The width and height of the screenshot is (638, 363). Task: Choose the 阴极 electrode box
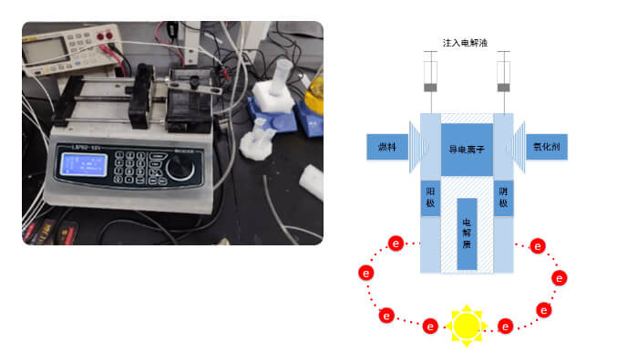point(502,198)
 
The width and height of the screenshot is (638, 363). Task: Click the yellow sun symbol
point(466,324)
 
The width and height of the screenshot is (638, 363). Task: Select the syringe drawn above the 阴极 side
point(502,78)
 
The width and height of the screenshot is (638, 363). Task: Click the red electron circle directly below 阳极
point(396,244)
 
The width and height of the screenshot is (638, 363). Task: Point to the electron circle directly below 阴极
point(538,245)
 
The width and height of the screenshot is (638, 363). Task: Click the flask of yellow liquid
point(314,92)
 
